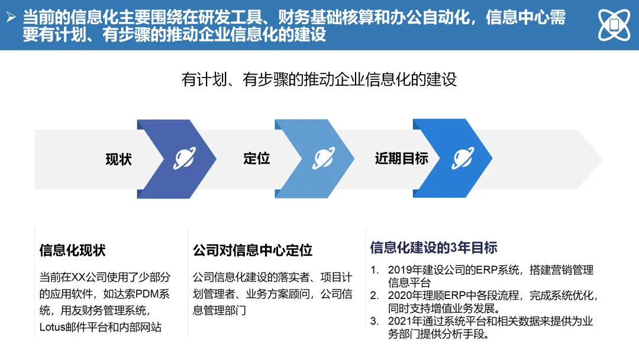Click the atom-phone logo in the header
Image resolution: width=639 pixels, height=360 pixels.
[613, 25]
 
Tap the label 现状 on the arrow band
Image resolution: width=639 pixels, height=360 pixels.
[119, 159]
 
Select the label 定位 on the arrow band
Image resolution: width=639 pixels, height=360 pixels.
[257, 159]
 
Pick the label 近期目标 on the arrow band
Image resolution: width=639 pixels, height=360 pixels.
[401, 159]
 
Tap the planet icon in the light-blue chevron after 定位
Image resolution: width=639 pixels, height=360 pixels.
[324, 159]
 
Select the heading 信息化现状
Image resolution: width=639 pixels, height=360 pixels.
[72, 250]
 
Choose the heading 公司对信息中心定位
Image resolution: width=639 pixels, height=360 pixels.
[253, 250]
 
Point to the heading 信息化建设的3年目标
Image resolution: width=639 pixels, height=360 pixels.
[434, 247]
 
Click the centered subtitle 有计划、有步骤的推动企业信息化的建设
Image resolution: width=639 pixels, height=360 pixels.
[319, 79]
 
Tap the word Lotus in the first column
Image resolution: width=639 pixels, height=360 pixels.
[54, 327]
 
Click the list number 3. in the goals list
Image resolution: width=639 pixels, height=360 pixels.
[374, 321]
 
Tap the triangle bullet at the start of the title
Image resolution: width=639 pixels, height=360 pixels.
[11, 18]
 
